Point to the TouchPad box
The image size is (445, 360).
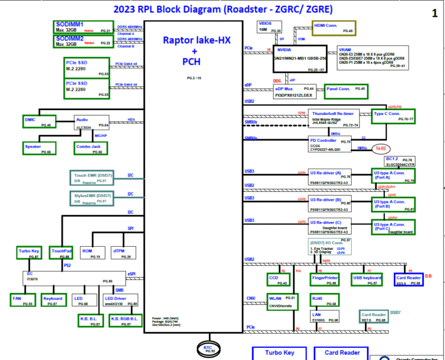tap(61, 253)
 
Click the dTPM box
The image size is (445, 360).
tap(122, 253)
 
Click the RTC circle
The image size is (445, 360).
tap(208, 349)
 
